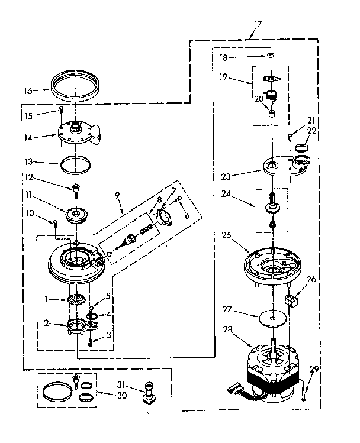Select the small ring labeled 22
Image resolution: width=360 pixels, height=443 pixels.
[x=303, y=147]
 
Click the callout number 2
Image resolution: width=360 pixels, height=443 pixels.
[x=46, y=324]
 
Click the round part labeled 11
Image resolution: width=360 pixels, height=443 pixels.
[x=77, y=214]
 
